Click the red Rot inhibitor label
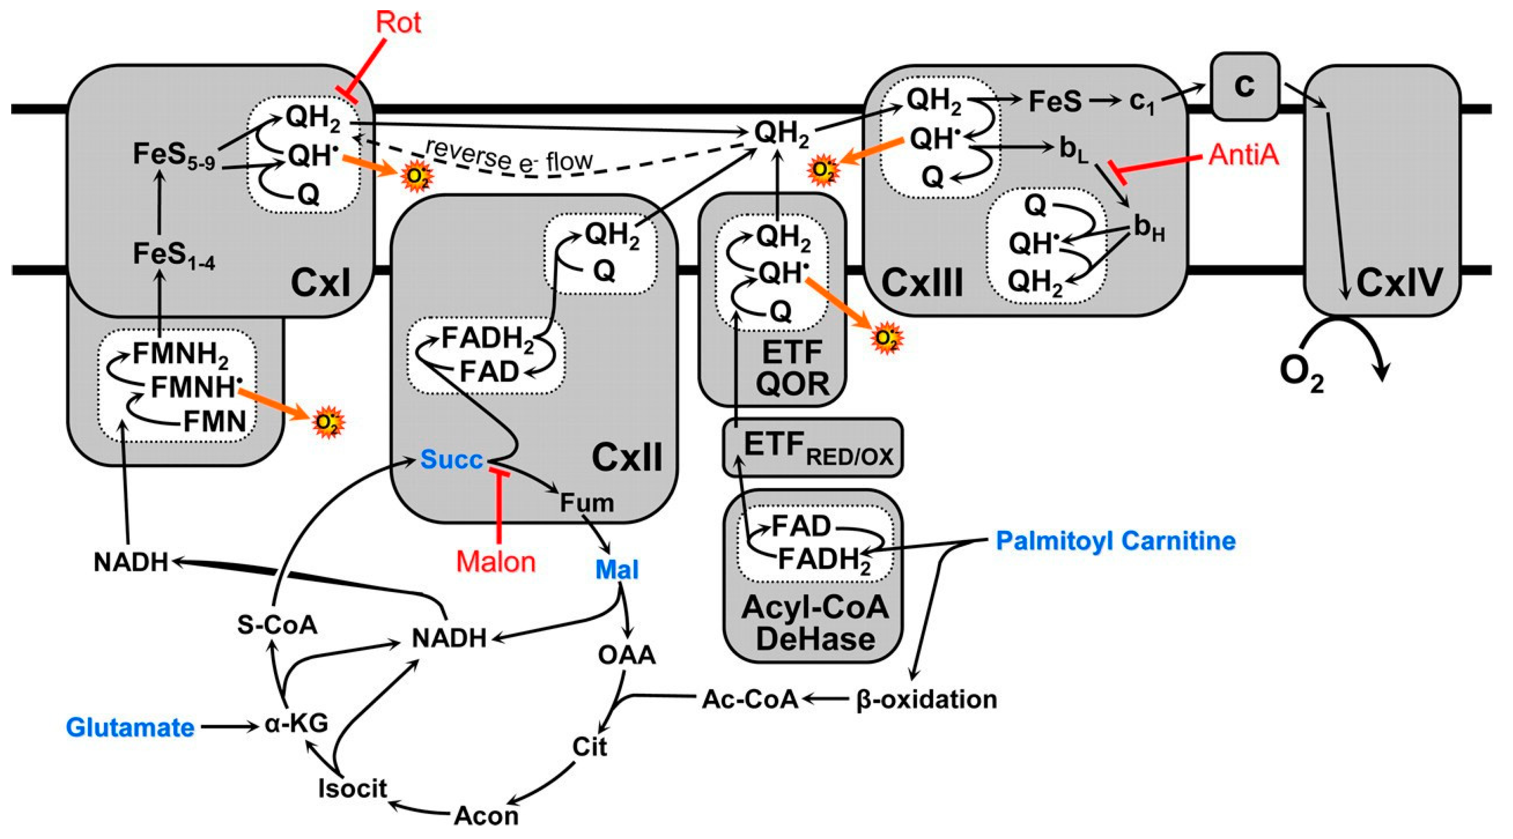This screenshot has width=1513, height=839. [x=398, y=22]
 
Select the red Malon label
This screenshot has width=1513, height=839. [x=496, y=562]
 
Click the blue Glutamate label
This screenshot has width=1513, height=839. [x=131, y=728]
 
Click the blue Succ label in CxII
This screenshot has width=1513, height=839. [x=451, y=460]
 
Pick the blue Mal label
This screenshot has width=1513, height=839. [x=617, y=570]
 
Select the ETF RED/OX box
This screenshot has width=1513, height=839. [x=813, y=448]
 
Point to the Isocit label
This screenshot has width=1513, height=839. [x=353, y=788]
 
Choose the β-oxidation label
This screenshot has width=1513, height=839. [x=926, y=699]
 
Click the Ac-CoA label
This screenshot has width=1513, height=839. [x=750, y=699]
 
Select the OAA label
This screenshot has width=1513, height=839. [x=627, y=655]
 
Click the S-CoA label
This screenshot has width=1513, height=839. [x=277, y=625]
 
